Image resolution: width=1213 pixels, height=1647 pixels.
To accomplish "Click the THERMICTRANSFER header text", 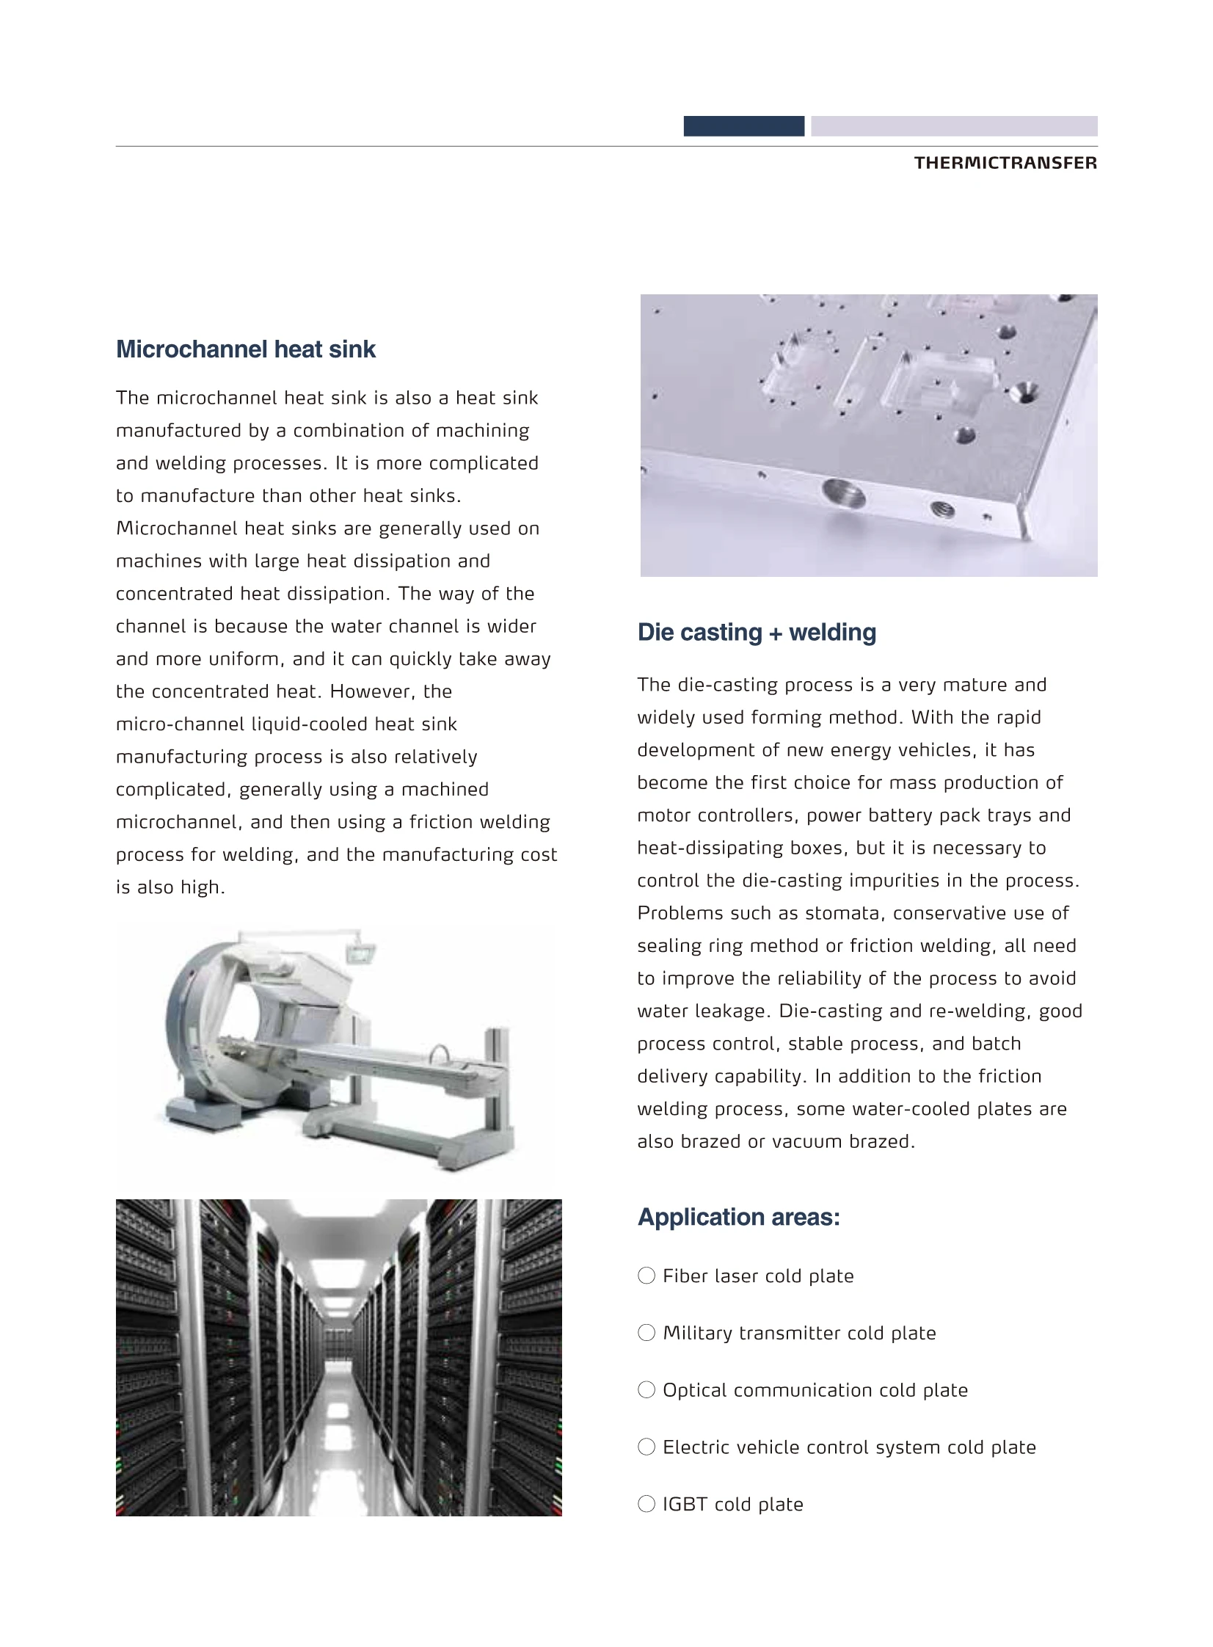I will [1005, 163].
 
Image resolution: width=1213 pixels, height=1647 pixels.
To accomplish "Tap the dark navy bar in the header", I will [743, 126].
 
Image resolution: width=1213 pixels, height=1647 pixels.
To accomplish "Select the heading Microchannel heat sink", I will [245, 349].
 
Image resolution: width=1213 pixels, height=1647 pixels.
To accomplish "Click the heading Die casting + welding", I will [757, 632].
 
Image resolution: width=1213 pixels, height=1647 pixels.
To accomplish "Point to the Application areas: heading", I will [738, 1217].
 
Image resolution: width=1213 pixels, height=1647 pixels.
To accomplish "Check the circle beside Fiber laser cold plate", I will [646, 1276].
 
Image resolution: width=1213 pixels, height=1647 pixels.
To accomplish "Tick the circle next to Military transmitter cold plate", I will [646, 1333].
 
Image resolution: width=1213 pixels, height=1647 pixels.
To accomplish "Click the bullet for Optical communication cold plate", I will [646, 1390].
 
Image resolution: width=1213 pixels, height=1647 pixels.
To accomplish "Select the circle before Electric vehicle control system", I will [646, 1447].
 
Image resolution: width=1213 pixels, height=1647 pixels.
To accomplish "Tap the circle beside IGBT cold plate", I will [646, 1504].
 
